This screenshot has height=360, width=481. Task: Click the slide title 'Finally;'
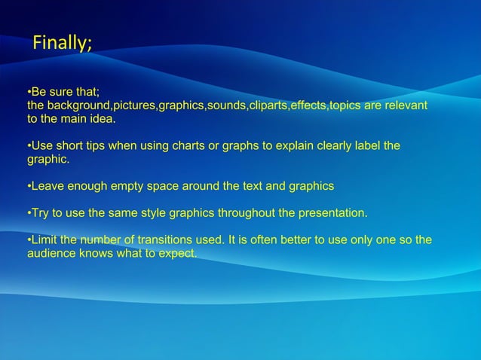62,44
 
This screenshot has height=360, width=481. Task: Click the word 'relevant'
406,105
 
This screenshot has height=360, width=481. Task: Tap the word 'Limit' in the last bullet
44,240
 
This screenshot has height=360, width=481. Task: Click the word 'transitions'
166,240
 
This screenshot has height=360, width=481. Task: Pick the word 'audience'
51,253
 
